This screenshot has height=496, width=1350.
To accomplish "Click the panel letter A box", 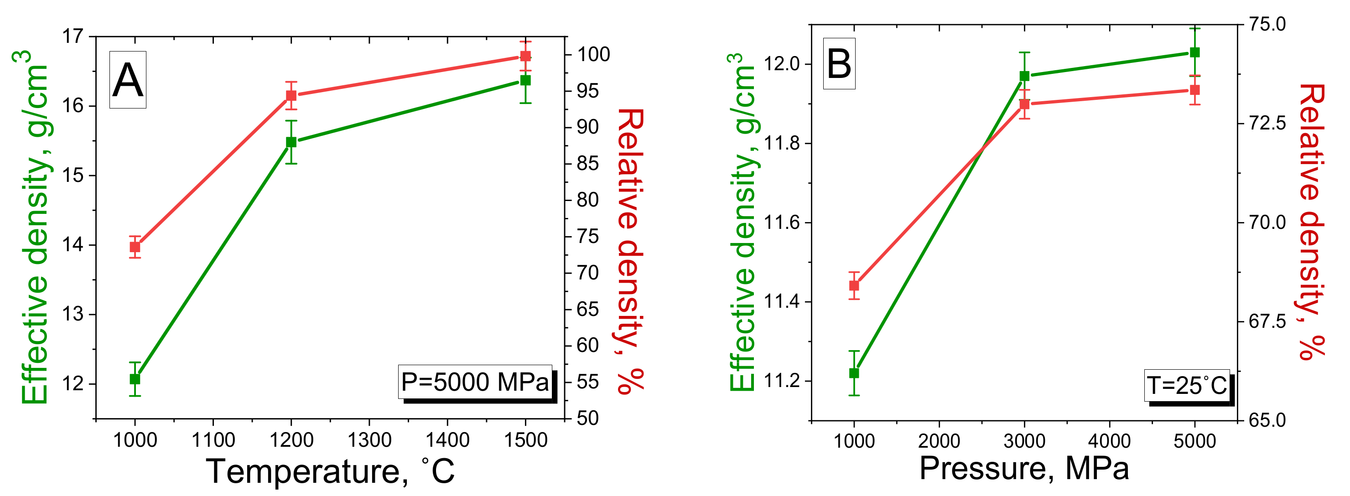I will coord(127,80).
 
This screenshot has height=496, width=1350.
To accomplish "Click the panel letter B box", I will coord(839,63).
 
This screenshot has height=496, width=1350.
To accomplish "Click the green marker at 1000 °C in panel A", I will coord(135,379).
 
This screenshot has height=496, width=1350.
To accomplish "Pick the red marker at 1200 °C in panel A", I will coord(291,95).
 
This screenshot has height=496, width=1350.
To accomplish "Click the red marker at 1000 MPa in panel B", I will coord(854,285).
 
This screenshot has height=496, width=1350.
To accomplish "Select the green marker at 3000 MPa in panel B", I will coord(1024,76).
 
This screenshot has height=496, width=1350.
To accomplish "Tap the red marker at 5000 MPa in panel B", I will coord(1195,90).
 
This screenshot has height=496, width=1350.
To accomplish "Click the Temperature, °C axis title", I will coord(330,471).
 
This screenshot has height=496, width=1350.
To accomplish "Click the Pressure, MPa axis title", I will coord(1024,468).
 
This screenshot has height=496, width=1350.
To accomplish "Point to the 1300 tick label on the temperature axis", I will coord(369,440).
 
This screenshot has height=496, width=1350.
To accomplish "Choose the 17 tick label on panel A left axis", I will coord(73,36).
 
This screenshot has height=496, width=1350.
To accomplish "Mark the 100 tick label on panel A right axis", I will coord(593,54).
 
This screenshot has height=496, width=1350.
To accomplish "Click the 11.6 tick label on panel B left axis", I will coord(781,222).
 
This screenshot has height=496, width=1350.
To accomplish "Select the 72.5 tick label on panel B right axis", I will coord(1267,123).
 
